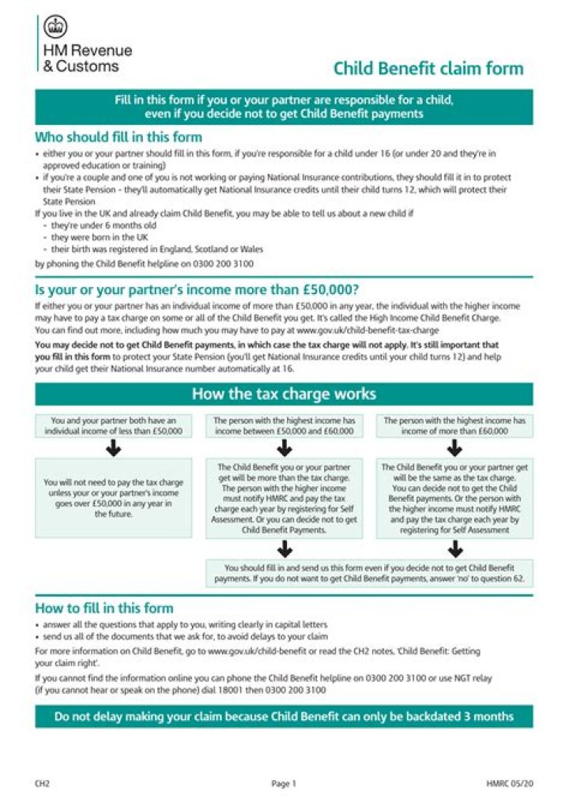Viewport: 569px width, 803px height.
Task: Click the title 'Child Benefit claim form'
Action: click(x=428, y=68)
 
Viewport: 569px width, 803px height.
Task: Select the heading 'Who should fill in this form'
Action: click(x=119, y=136)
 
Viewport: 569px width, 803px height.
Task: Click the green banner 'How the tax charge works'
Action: click(x=284, y=394)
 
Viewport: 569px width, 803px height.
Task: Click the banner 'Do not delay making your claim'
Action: click(x=284, y=717)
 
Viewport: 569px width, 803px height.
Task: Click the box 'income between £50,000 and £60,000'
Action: click(x=285, y=426)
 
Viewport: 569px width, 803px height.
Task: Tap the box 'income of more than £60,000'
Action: click(x=454, y=426)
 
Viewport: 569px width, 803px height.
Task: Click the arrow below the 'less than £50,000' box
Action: click(x=114, y=448)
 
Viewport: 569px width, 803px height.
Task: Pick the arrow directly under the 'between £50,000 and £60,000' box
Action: click(x=285, y=448)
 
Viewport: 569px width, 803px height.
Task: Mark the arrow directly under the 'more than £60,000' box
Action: click(x=454, y=448)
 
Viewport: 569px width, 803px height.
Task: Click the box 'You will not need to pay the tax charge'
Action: click(x=114, y=498)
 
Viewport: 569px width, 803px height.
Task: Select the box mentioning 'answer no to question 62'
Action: click(x=369, y=573)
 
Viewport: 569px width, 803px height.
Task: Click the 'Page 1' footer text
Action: click(x=283, y=784)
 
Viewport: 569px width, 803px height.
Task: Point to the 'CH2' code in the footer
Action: click(x=43, y=784)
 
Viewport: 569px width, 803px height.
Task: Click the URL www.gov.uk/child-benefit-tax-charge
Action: click(x=367, y=328)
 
